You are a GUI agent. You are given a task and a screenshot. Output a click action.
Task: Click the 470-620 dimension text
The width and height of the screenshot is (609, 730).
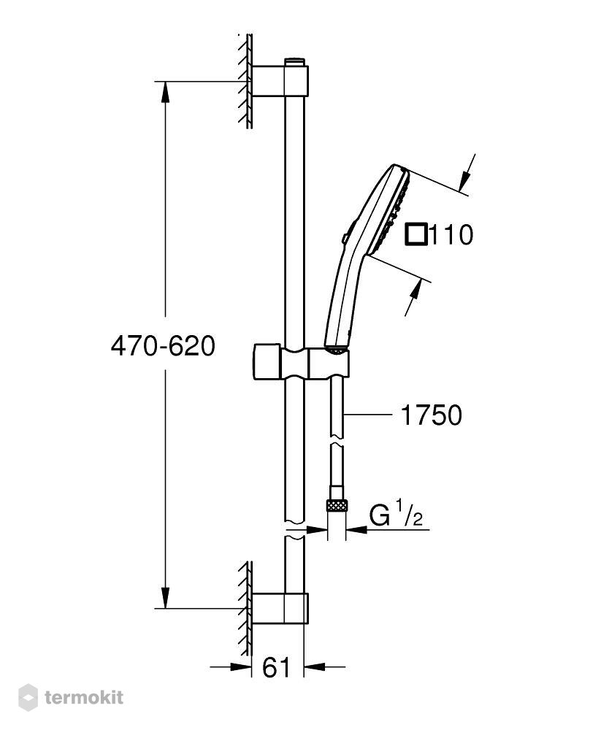163,346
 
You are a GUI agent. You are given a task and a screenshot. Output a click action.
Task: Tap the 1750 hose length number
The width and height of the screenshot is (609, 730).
431,415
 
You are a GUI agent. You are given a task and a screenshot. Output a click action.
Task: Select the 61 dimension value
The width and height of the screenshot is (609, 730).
276,668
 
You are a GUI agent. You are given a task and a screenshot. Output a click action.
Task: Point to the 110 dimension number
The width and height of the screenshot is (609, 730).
451,234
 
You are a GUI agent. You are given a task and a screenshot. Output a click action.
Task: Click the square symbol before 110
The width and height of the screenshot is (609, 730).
415,234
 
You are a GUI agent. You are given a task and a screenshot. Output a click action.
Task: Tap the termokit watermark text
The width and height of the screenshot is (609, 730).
84,697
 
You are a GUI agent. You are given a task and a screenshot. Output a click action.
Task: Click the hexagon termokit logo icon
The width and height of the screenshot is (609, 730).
28,697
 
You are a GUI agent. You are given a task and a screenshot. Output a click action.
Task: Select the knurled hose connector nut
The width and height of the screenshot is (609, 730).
337,505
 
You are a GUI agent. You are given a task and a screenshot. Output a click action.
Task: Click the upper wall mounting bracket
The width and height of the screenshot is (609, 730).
280,81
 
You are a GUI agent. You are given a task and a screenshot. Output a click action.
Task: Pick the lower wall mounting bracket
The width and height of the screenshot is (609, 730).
280,609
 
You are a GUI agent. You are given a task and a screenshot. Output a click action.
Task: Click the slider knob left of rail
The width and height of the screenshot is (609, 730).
267,362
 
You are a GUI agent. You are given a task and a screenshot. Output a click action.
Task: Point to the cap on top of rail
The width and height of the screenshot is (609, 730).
294,62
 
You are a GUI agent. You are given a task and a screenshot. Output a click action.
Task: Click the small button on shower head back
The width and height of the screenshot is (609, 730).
345,238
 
